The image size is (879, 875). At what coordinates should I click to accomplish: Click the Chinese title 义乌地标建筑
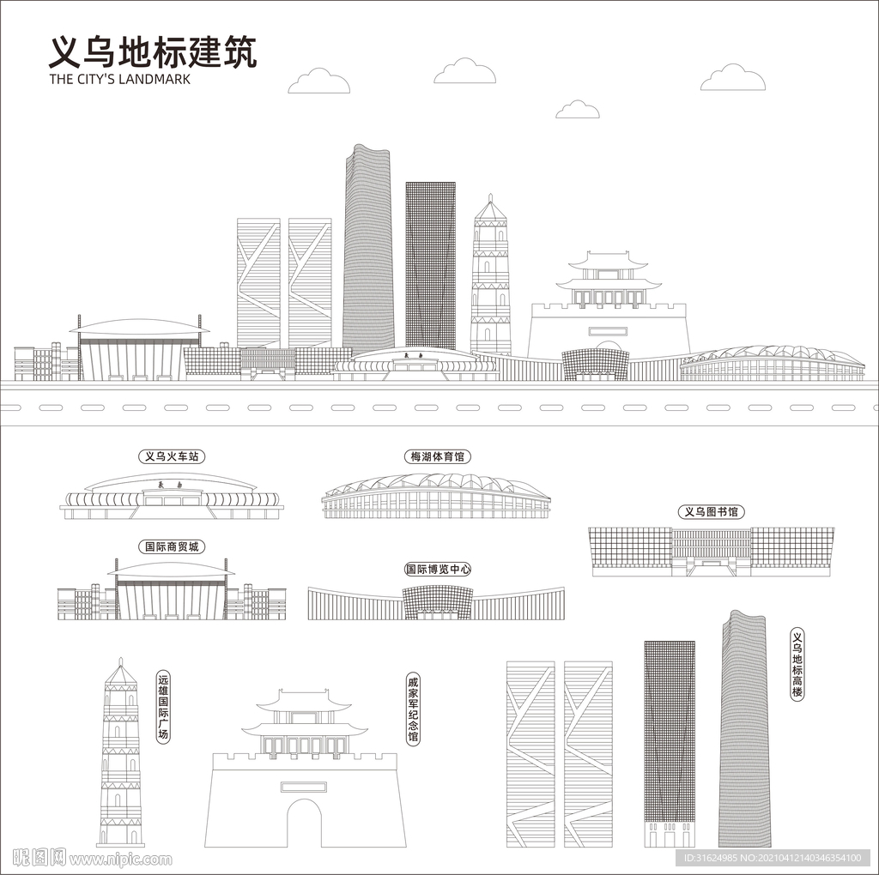pos(153,52)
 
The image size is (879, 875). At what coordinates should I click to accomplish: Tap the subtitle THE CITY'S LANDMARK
pos(120,79)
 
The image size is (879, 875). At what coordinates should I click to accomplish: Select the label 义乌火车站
pos(172,456)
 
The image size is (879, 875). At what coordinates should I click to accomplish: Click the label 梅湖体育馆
pos(437,456)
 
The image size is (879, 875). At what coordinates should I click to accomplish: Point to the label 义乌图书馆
pos(712,511)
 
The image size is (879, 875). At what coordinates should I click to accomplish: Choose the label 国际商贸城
pos(172,546)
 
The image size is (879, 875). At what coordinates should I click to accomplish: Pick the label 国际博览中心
pos(438,569)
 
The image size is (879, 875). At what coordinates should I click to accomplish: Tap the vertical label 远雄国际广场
pos(162,707)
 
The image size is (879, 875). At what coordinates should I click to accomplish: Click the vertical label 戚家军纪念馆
pos(413,709)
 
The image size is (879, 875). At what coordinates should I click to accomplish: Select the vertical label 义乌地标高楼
pos(797,665)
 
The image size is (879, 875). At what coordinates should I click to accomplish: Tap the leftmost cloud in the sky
pos(319,81)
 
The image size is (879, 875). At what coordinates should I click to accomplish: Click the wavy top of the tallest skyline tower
pos(367,149)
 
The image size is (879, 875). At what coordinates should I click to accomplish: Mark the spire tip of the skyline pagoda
pos(490,195)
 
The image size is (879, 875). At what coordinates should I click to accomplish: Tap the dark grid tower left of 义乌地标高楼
pos(670,744)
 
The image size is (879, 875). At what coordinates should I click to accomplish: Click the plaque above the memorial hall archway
pos(303,787)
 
